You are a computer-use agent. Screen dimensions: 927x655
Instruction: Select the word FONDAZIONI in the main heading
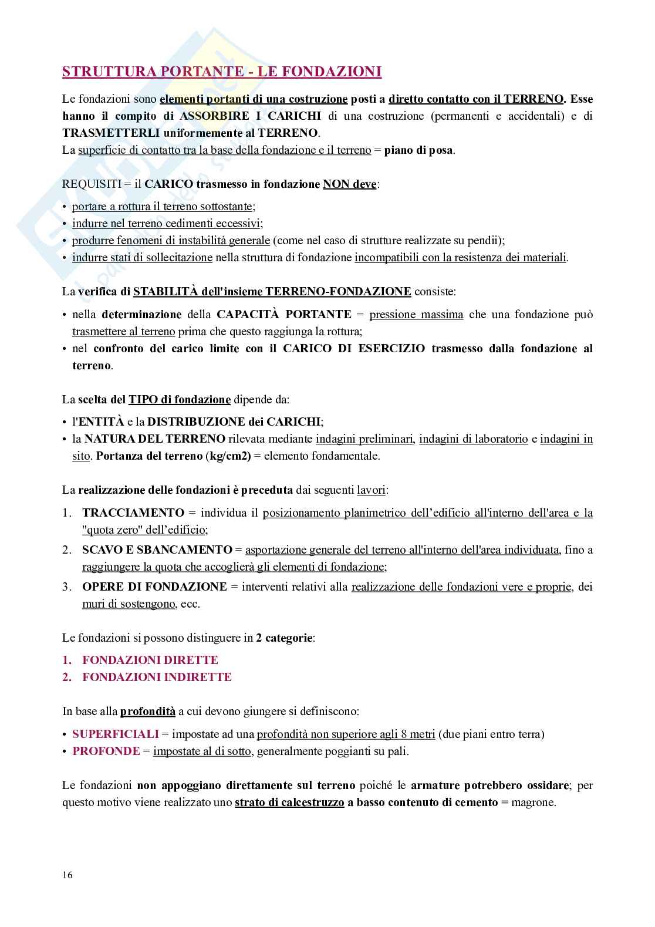point(332,72)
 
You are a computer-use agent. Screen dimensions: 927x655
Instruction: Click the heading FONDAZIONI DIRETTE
point(150,660)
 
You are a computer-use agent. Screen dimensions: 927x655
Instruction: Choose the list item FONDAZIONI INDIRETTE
point(157,677)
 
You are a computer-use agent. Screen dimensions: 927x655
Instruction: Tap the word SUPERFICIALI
point(115,734)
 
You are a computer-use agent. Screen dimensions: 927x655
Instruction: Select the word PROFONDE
point(106,751)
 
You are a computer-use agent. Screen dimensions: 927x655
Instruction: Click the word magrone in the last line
point(534,803)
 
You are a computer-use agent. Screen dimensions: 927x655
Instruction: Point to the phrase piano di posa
point(418,150)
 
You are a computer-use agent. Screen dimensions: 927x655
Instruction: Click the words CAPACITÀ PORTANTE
point(283,314)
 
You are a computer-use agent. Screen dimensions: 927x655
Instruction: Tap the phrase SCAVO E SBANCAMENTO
point(157,550)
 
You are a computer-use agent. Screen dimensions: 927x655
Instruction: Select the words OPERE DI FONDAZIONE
point(154,586)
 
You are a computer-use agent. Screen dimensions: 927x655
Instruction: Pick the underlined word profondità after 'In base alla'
point(148,711)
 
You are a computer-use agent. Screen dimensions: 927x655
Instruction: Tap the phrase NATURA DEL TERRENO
point(154,439)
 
